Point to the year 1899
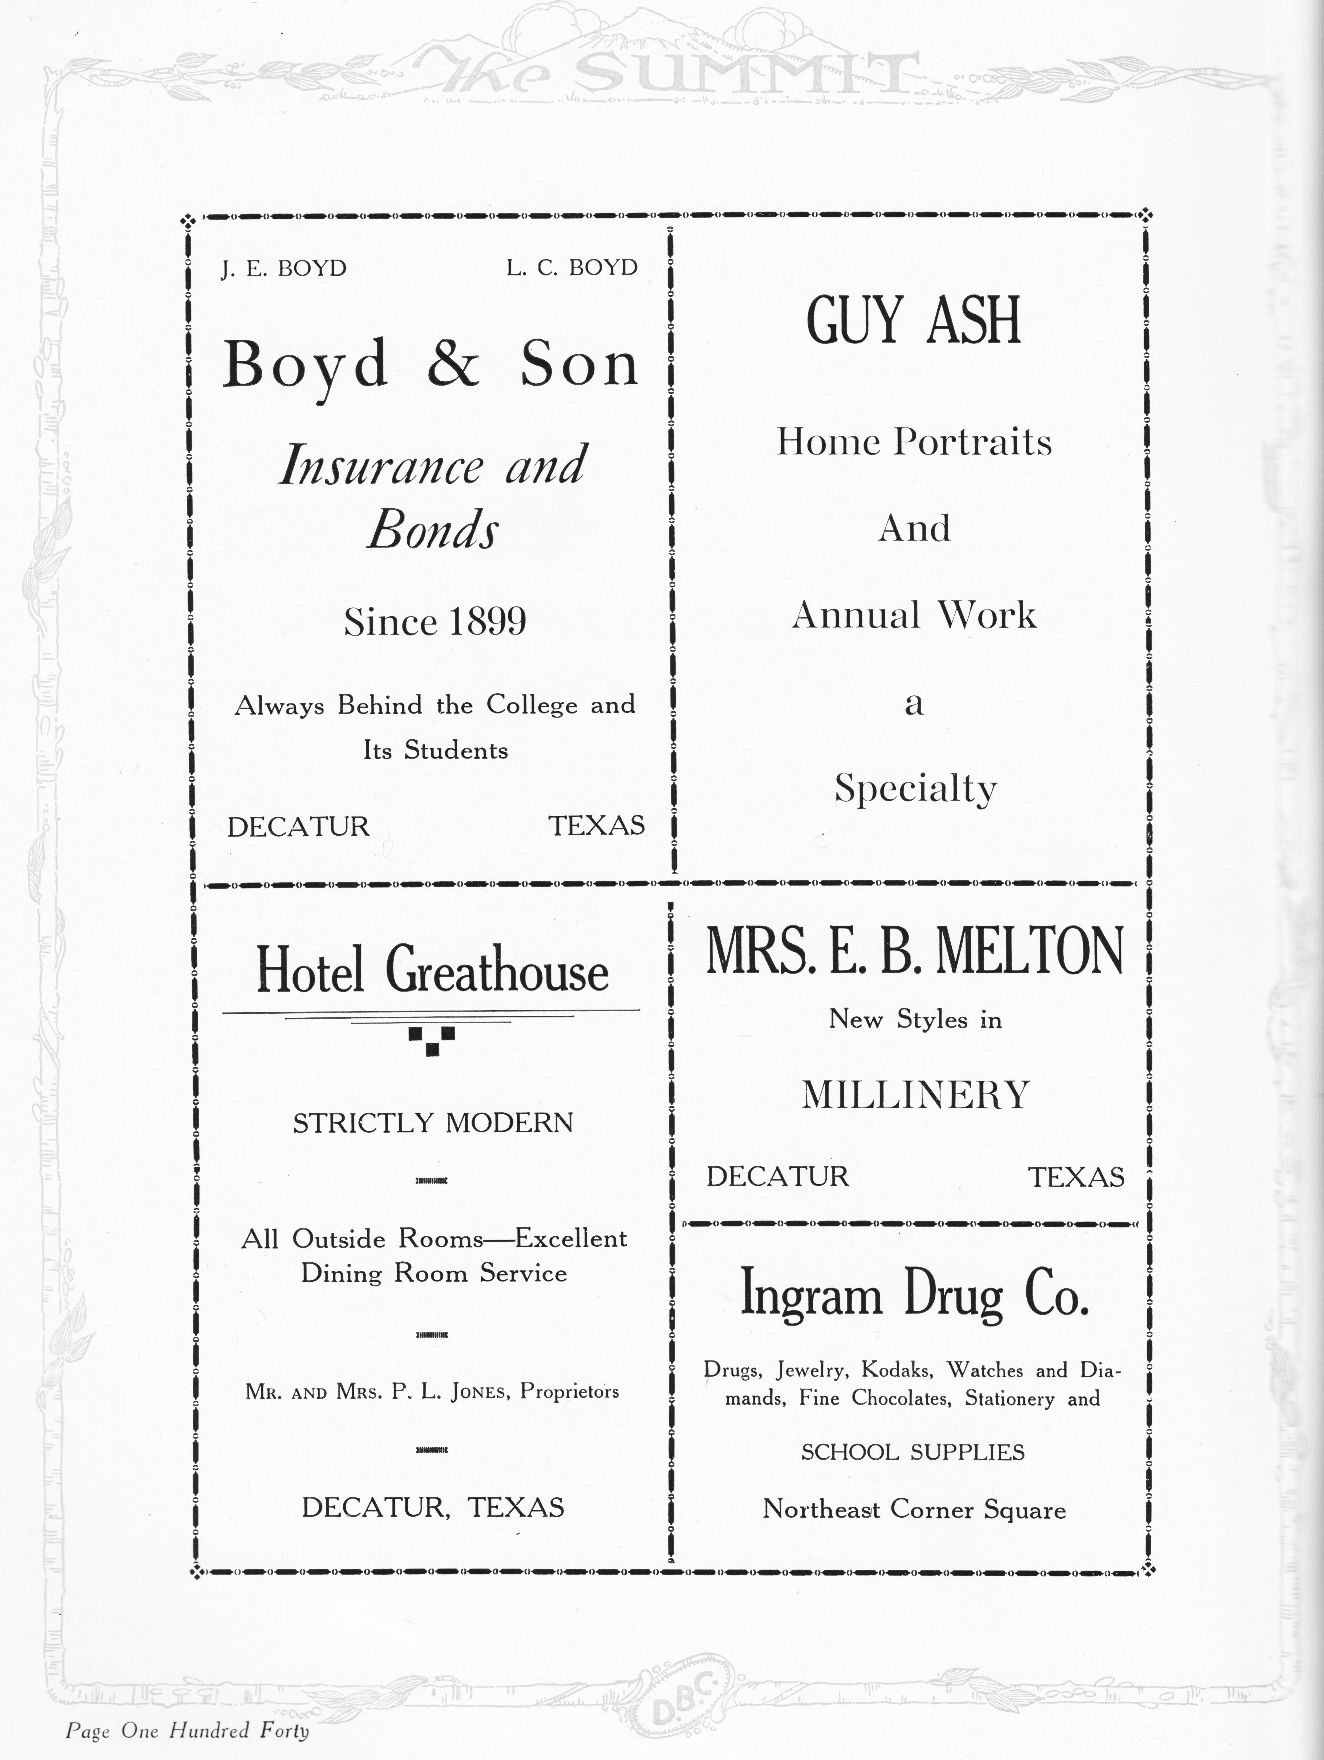[487, 622]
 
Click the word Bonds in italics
[433, 530]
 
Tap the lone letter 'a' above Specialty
[914, 703]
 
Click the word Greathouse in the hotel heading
[497, 971]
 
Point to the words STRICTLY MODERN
[433, 1123]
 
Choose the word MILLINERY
[915, 1095]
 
